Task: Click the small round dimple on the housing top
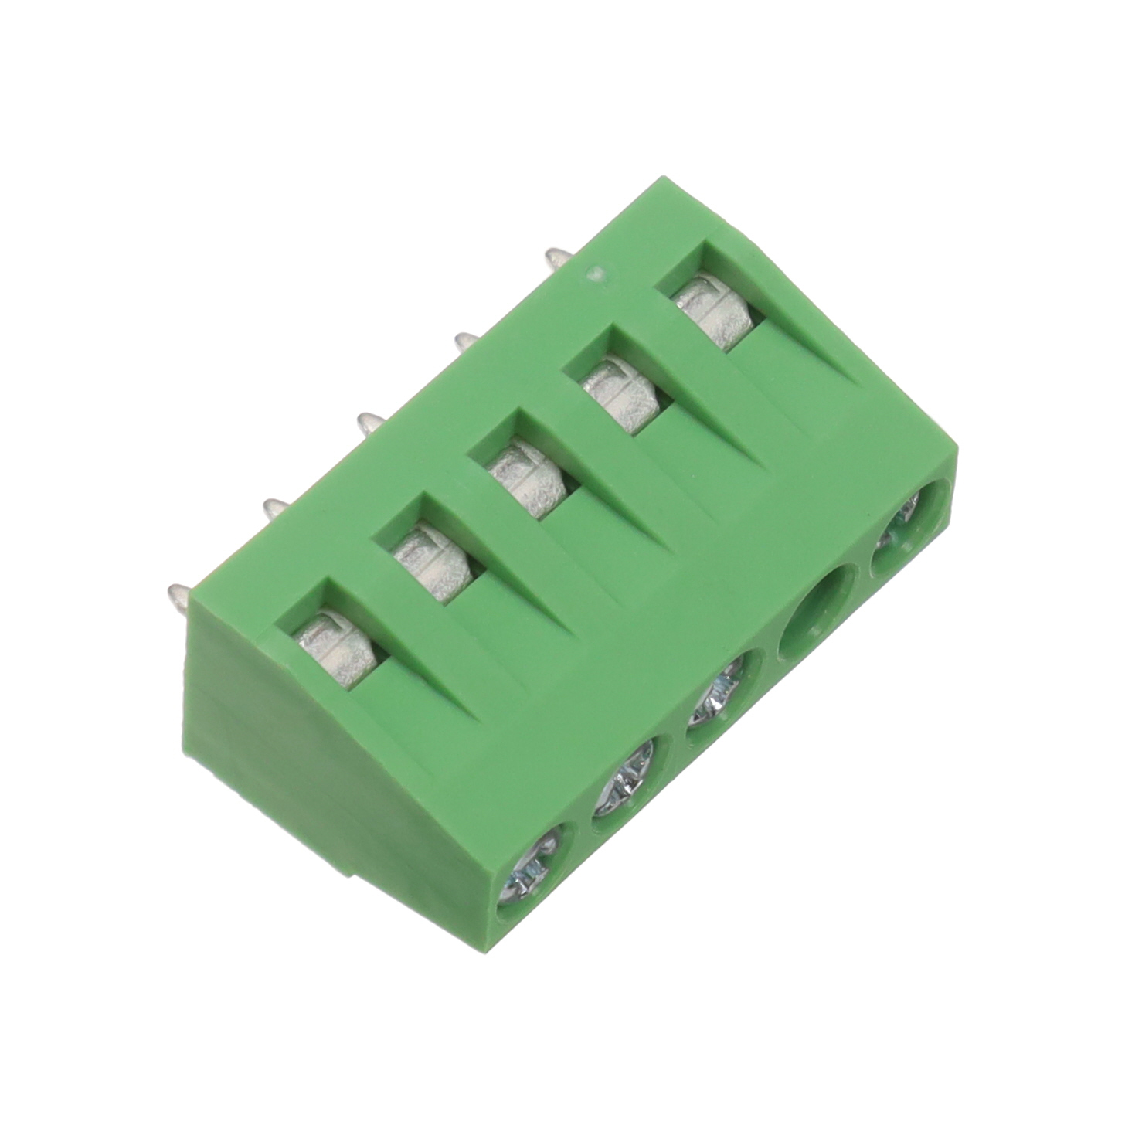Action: (596, 274)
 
